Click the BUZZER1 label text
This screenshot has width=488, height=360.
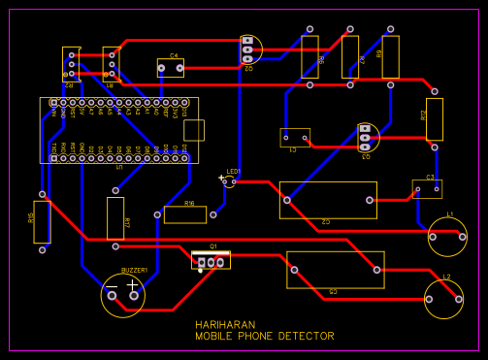pyautogui.click(x=134, y=270)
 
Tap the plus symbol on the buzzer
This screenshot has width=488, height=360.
pyautogui.click(x=133, y=284)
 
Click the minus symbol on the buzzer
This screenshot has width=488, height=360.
pyautogui.click(x=111, y=283)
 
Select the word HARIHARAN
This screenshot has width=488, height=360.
pyautogui.click(x=224, y=325)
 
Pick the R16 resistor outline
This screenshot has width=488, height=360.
pyautogui.click(x=184, y=214)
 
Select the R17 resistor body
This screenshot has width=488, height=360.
pyautogui.click(x=115, y=218)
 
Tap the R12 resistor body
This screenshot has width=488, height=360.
pyautogui.click(x=434, y=118)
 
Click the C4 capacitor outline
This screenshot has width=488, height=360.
pyautogui.click(x=171, y=67)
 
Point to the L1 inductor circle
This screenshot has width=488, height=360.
pyautogui.click(x=446, y=236)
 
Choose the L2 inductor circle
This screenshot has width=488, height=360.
pyautogui.click(x=443, y=300)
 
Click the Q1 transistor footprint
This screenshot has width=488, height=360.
pyautogui.click(x=211, y=261)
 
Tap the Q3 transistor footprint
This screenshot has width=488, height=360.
pyautogui.click(x=365, y=138)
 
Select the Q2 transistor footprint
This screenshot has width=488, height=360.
pyautogui.click(x=249, y=49)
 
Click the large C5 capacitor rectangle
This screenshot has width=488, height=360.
pyautogui.click(x=335, y=270)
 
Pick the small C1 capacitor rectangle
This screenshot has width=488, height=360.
pyautogui.click(x=294, y=138)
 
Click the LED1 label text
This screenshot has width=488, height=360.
pyautogui.click(x=233, y=172)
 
